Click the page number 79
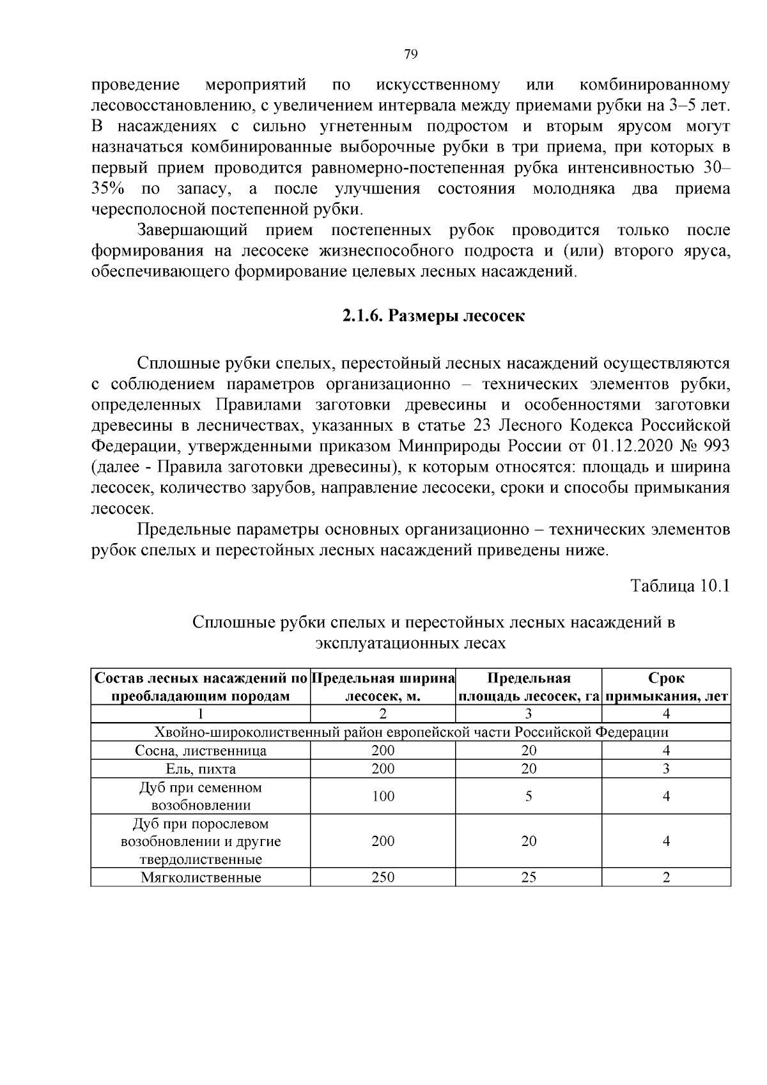pyautogui.click(x=411, y=54)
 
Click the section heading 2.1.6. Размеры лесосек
pyautogui.click(x=433, y=316)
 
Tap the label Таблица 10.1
pyautogui.click(x=679, y=586)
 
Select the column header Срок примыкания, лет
pyautogui.click(x=666, y=687)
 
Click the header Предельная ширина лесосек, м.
pyautogui.click(x=383, y=687)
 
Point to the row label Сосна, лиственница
pyautogui.click(x=201, y=751)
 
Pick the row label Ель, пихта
pyautogui.click(x=201, y=769)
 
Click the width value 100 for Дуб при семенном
pyautogui.click(x=383, y=796)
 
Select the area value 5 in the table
pyautogui.click(x=529, y=796)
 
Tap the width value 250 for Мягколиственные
pyautogui.click(x=383, y=877)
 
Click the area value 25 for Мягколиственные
pyautogui.click(x=529, y=877)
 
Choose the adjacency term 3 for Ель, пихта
pyautogui.click(x=666, y=769)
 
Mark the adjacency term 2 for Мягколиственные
pyautogui.click(x=666, y=877)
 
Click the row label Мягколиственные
pyautogui.click(x=201, y=877)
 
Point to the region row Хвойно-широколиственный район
pyautogui.click(x=411, y=732)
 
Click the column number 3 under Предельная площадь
pyautogui.click(x=529, y=714)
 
